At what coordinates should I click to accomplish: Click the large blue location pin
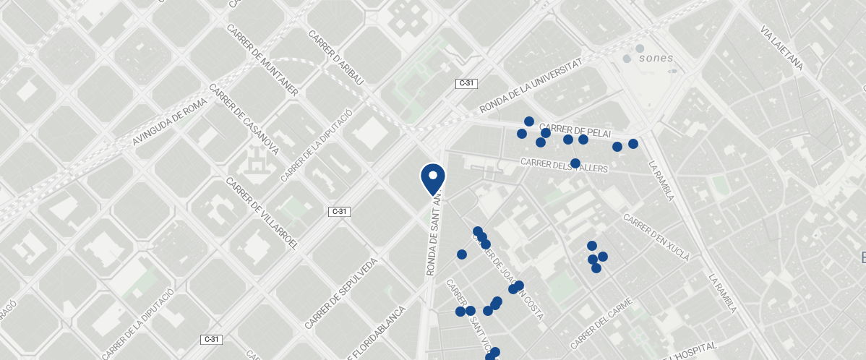[432, 178]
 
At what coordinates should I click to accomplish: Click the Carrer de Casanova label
[244, 119]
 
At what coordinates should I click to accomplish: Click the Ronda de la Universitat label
[531, 86]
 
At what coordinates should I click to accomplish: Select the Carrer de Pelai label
[575, 129]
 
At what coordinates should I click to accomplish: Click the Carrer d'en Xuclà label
[656, 237]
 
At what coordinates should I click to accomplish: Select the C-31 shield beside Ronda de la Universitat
[467, 83]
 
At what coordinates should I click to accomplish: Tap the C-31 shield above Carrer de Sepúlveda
[339, 212]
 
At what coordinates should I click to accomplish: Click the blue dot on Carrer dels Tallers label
[575, 163]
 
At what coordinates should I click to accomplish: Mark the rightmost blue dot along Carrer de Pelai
[633, 144]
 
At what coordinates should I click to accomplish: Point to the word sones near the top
[656, 58]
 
